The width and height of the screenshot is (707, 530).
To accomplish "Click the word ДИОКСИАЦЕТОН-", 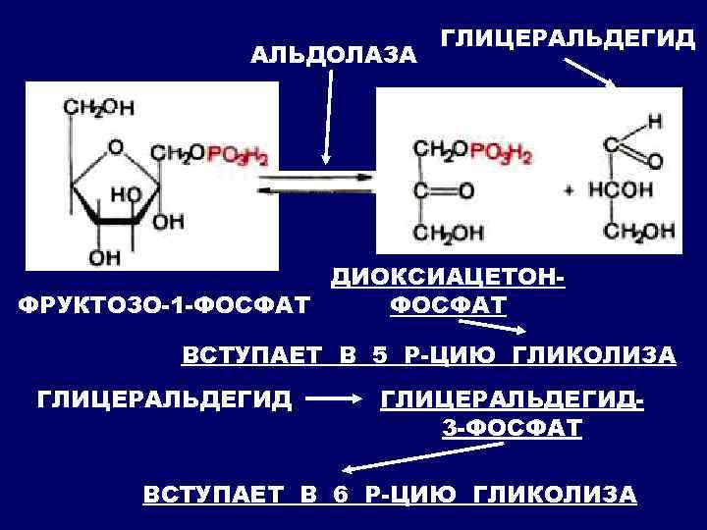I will click(x=448, y=280).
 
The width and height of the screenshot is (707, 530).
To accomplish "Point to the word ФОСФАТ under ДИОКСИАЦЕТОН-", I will click(x=448, y=306).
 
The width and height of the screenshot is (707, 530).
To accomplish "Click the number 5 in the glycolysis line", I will click(x=380, y=354).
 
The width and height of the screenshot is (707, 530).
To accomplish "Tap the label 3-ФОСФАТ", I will click(x=507, y=428).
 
